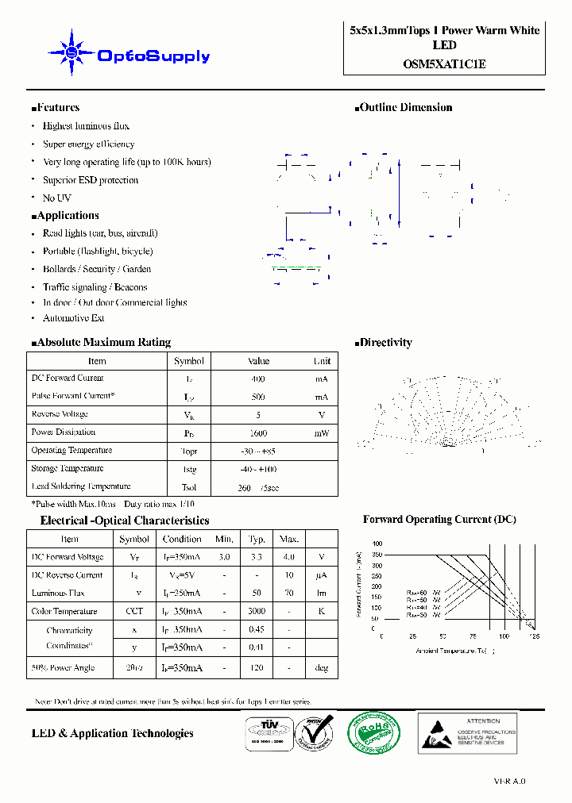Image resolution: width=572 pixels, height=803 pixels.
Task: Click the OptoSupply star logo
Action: (x=71, y=53)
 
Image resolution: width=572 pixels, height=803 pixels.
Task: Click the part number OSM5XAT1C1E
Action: (x=444, y=63)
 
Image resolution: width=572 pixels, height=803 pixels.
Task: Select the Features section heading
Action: (x=56, y=108)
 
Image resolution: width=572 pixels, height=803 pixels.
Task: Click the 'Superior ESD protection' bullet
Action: (x=91, y=180)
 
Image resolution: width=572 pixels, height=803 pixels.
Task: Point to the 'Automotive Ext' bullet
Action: (x=73, y=318)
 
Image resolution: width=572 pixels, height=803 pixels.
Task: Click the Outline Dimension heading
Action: (x=405, y=108)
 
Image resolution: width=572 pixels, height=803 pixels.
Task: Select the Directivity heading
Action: (x=385, y=343)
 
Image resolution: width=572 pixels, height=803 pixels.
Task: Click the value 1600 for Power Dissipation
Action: (x=258, y=433)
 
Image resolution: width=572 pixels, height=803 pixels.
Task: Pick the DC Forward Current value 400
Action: (x=258, y=379)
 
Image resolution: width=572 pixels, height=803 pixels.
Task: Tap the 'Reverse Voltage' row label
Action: (x=60, y=414)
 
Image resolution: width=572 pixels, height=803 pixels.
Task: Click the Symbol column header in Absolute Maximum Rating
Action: (x=189, y=361)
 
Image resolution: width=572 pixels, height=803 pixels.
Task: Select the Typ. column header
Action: (x=257, y=539)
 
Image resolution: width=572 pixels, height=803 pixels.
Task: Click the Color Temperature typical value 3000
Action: (x=257, y=612)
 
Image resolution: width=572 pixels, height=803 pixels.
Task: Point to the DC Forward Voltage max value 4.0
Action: (x=288, y=557)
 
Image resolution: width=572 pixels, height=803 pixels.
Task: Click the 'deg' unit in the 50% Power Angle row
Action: (x=321, y=668)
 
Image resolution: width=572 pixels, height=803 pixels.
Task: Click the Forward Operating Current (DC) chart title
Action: (x=439, y=520)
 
